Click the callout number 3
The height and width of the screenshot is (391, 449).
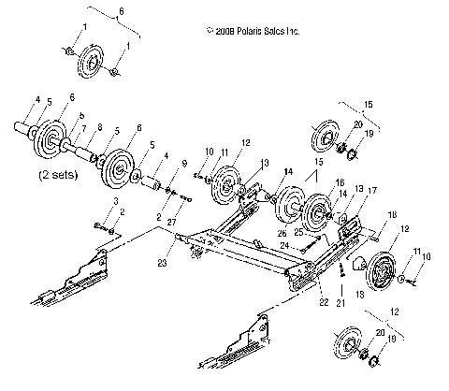[115, 201]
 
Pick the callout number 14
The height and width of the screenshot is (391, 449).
[289, 171]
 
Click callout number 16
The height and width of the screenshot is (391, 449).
[340, 182]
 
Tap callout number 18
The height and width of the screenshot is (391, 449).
[391, 214]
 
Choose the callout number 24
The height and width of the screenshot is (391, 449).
[301, 245]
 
